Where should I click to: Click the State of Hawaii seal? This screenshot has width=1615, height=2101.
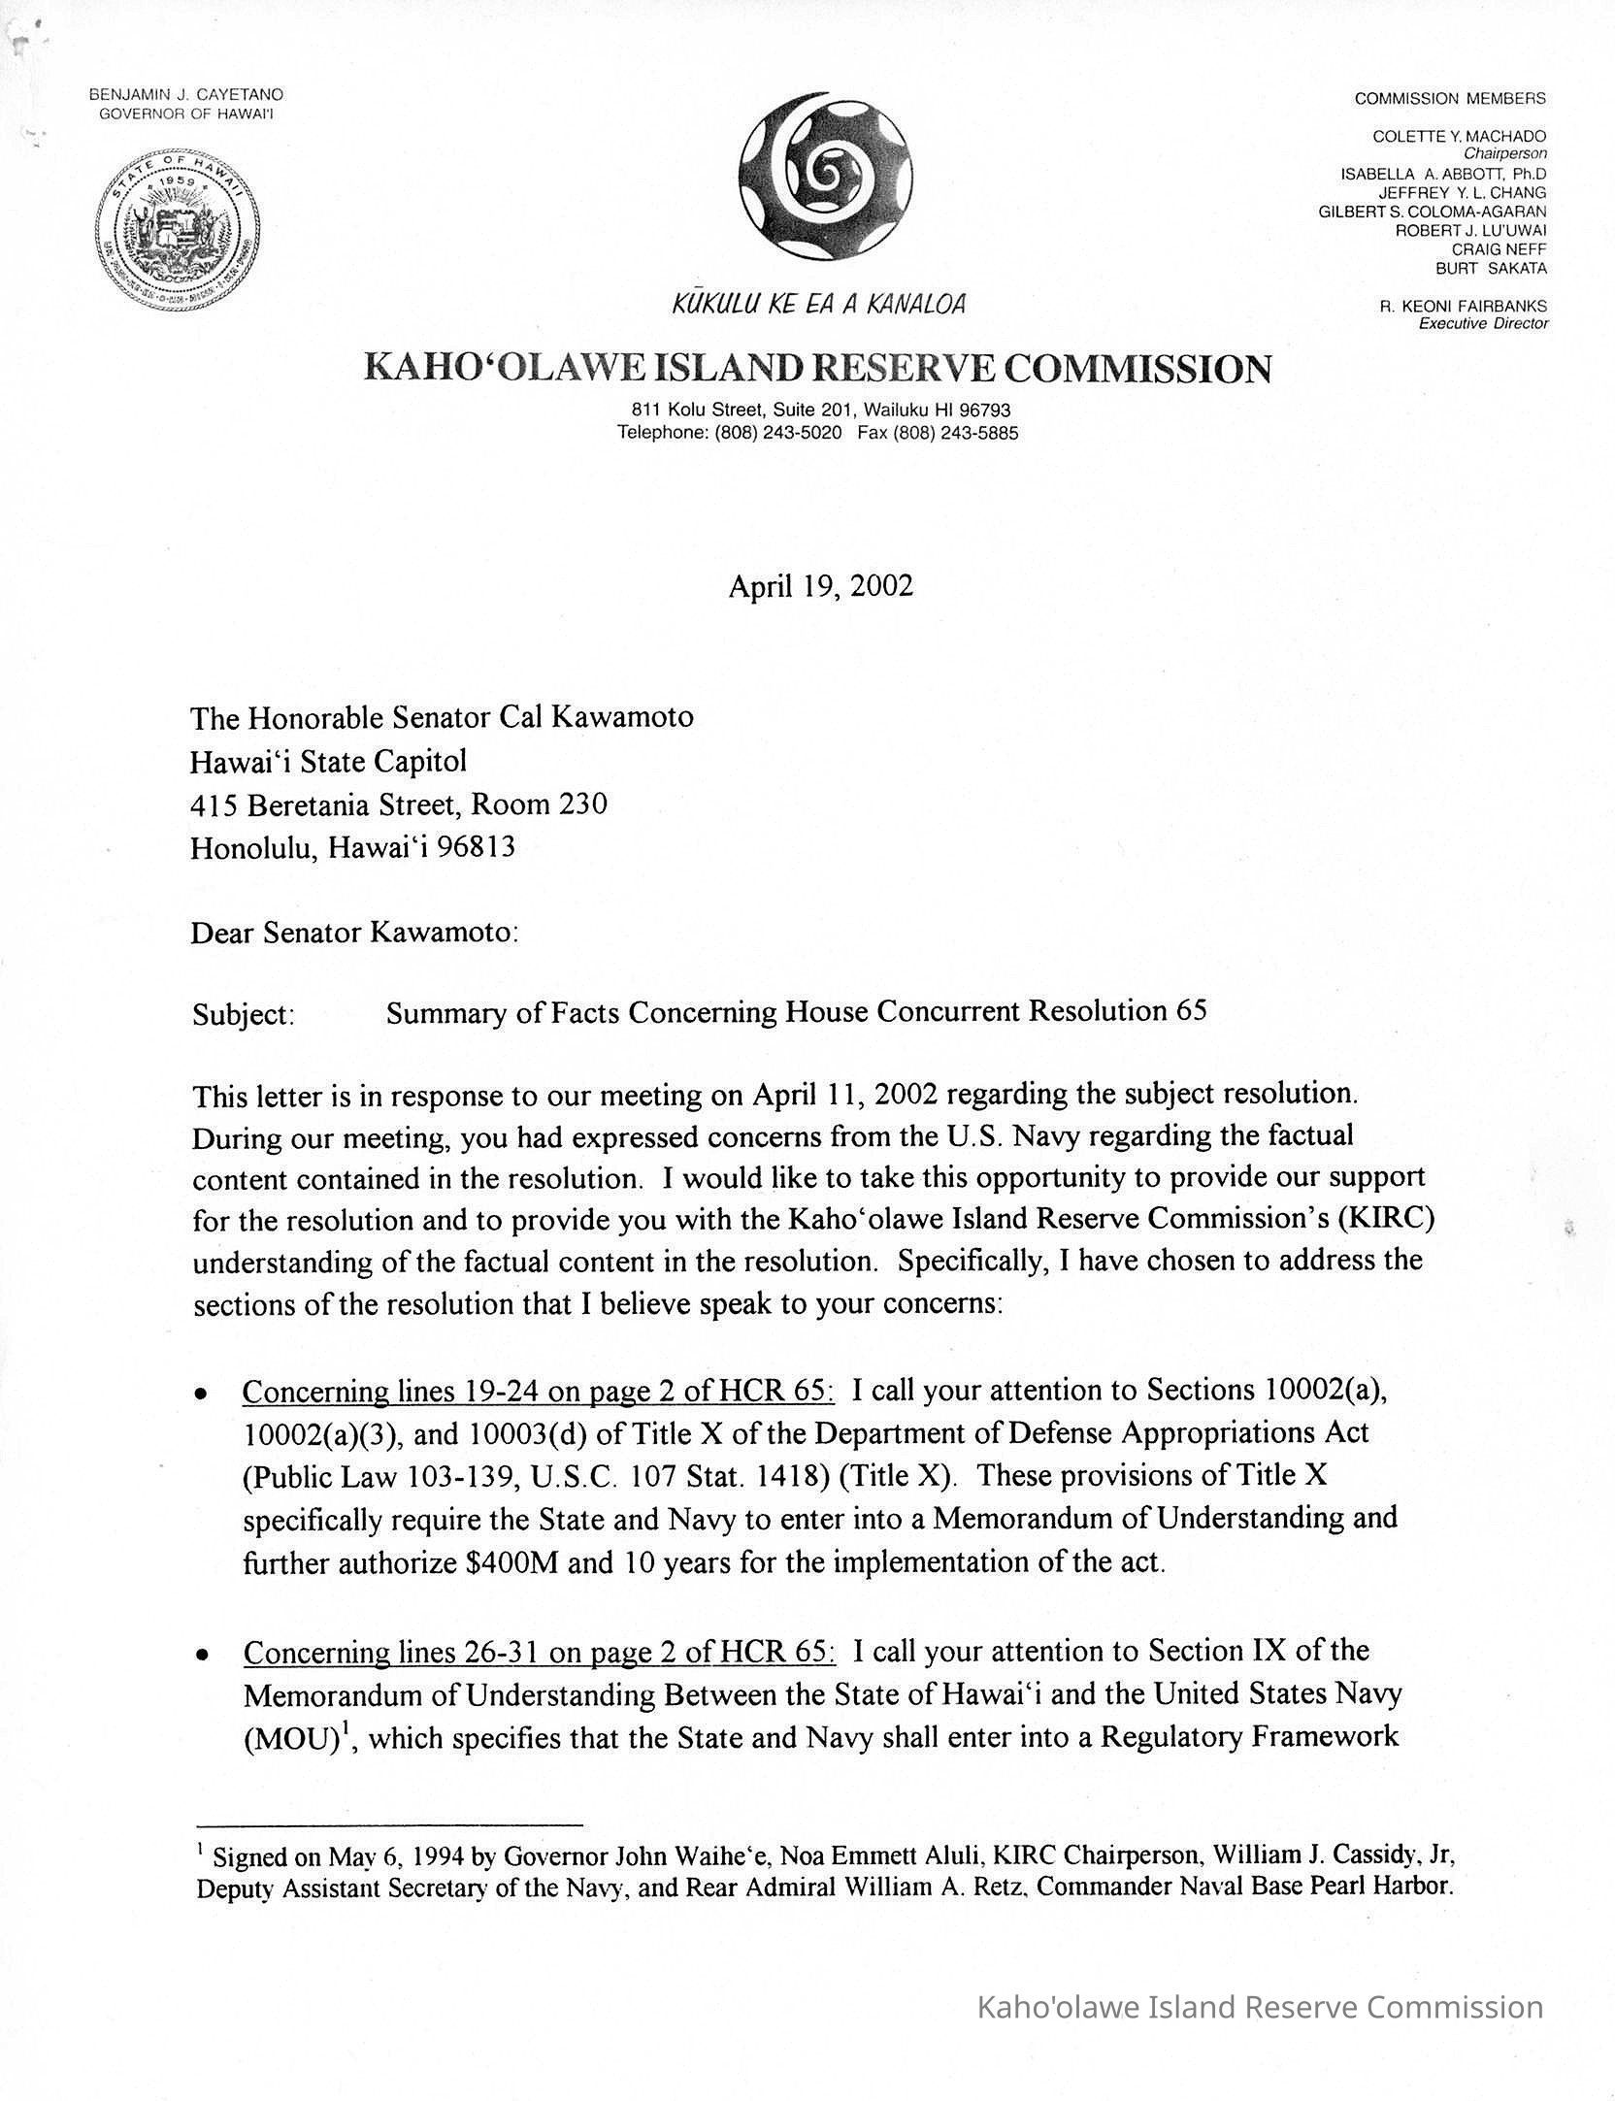pos(184,230)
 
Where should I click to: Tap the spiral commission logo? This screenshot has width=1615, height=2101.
pos(828,178)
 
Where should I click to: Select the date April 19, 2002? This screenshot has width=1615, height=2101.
pos(820,587)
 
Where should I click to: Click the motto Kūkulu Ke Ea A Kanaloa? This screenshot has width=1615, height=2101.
pos(819,305)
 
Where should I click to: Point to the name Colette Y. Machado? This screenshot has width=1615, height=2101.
pos(1460,137)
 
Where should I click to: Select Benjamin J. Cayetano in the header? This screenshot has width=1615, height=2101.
pos(186,95)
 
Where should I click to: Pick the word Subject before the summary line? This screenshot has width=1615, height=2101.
pos(243,1015)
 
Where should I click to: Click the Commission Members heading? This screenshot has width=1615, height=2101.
pos(1450,98)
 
